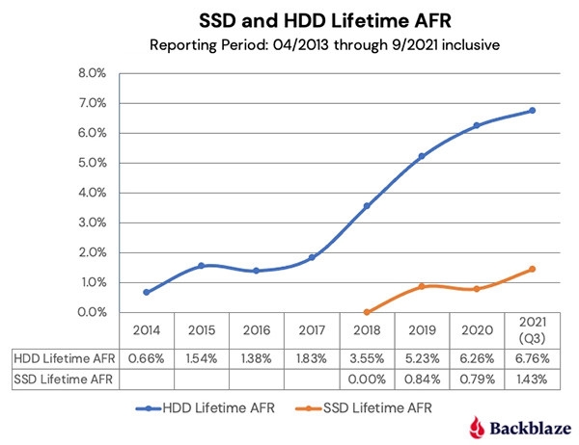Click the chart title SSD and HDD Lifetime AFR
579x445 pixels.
(x=289, y=20)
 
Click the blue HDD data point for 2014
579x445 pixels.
(x=146, y=292)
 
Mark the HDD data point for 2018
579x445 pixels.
(x=367, y=206)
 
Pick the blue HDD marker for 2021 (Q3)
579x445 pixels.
(x=532, y=111)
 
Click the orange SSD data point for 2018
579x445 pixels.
(x=367, y=312)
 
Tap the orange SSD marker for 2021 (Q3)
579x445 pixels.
(x=532, y=270)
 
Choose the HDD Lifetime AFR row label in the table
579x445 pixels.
(x=60, y=359)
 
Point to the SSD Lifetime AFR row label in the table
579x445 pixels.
(x=60, y=380)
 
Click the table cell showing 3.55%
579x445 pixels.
(x=367, y=359)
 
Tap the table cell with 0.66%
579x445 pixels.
(x=146, y=359)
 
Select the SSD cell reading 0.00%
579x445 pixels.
(x=367, y=380)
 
